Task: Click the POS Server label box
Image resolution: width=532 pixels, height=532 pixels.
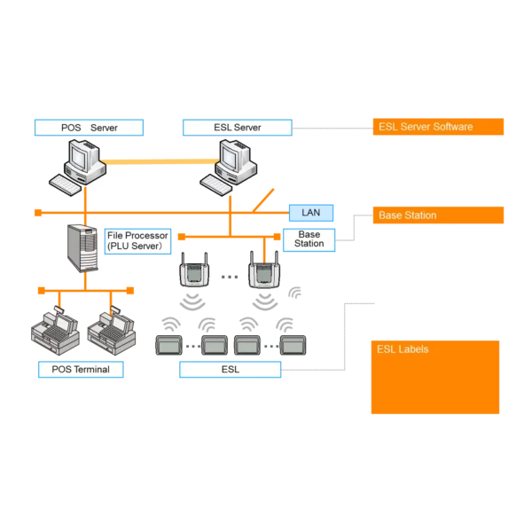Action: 89,128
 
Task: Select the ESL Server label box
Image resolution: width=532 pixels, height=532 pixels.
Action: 237,128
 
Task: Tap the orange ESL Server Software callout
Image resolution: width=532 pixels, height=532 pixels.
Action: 438,127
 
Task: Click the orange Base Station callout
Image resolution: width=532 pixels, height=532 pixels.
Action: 438,215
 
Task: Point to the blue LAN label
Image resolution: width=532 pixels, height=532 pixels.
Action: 311,213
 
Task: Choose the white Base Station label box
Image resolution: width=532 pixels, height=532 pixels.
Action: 309,239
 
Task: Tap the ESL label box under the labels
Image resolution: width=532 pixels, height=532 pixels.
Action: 230,369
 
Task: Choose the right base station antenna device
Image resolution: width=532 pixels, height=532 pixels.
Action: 263,271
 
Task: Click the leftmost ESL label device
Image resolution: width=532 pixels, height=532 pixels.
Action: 168,344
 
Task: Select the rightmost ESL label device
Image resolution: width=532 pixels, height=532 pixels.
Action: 293,344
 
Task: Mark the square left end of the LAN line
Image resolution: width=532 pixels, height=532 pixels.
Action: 36,213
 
